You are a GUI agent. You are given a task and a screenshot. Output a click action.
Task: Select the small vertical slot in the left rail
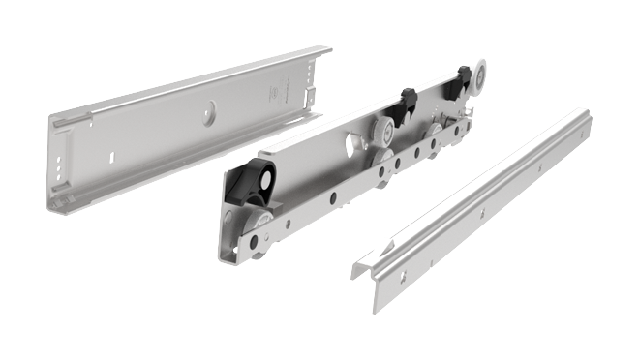tap(112, 153)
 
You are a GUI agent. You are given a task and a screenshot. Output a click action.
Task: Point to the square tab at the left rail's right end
tap(312, 92)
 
